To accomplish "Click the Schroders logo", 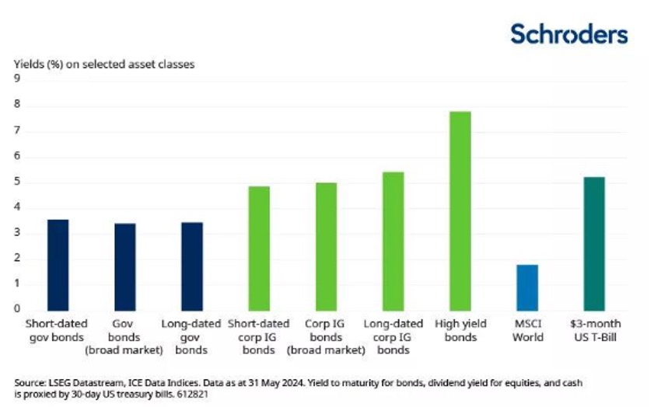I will pos(568,34).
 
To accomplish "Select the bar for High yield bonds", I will pos(460,210).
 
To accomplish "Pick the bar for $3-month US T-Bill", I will pos(594,243).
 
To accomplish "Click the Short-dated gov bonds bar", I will pos(58,264).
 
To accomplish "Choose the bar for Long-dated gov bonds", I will pos(192,266).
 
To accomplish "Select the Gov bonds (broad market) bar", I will pos(124,266).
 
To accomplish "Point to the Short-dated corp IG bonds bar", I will pos(259,248).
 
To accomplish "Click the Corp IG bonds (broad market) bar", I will pos(326,246).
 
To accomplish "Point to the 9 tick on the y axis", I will pos(17,79).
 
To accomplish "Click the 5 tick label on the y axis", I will pos(17,183).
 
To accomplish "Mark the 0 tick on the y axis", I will pos(17,308).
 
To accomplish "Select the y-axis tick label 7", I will pos(17,131).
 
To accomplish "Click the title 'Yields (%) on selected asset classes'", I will pos(103,64).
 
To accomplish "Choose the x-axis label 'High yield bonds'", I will pos(460,330).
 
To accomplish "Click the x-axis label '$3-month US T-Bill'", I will pos(594,330).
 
